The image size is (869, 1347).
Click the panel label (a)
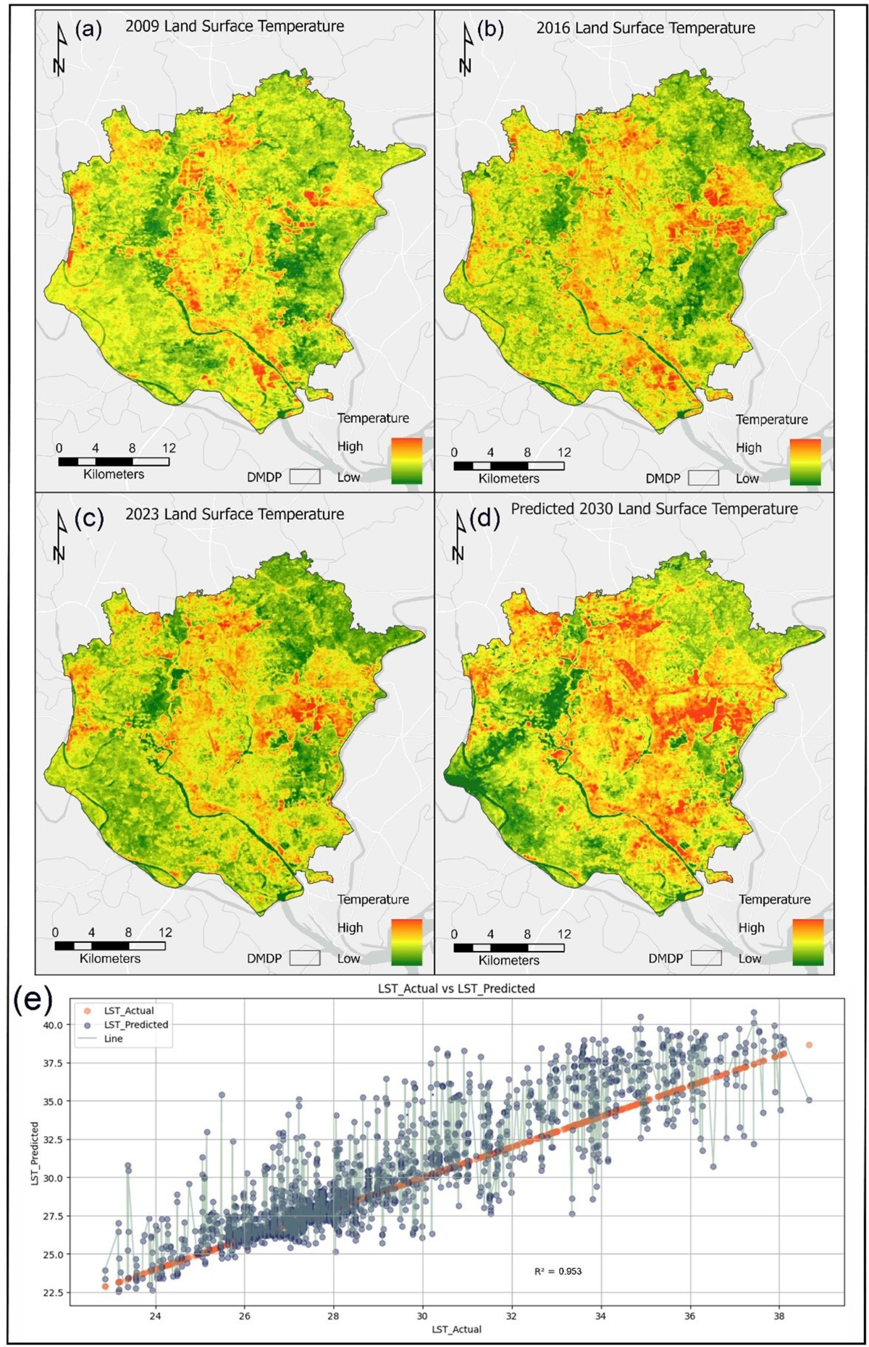88,30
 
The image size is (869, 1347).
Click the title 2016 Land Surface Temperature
645,28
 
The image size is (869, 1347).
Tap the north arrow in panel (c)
59,536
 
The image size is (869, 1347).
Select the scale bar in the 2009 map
114,461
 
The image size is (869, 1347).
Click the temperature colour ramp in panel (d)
807,942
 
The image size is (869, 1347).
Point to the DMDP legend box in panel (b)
703,478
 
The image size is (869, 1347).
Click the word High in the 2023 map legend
350,928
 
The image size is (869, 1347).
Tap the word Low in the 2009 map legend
348,477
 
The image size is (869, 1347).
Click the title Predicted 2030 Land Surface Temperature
654,509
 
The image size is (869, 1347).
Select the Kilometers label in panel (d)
508,960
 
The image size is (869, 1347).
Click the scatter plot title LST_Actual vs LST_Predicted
456,989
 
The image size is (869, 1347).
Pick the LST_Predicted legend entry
135,1025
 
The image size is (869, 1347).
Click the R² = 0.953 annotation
558,1271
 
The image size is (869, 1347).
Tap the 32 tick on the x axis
511,1316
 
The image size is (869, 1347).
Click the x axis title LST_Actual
456,1329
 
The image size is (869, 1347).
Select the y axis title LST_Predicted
35,1154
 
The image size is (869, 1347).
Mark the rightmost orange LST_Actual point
809,1045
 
